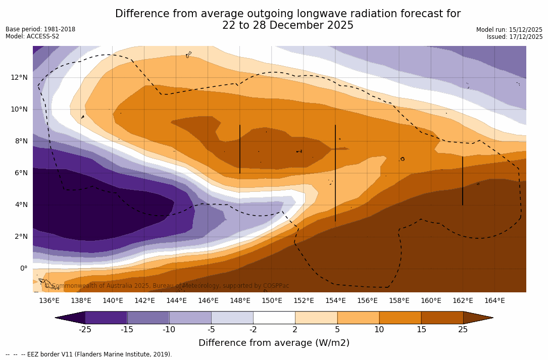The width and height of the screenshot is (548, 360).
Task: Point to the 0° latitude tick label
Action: click(x=24, y=268)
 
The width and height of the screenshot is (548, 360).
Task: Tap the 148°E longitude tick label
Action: click(x=240, y=300)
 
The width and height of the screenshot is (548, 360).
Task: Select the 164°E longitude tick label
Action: click(x=494, y=300)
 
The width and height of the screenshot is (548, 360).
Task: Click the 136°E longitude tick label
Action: click(x=49, y=300)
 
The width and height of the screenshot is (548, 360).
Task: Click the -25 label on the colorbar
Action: click(x=85, y=330)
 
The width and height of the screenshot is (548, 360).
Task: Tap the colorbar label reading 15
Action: click(x=421, y=330)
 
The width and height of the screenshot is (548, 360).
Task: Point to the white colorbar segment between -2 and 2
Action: click(x=274, y=318)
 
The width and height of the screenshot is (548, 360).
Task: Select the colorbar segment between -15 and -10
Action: click(x=148, y=318)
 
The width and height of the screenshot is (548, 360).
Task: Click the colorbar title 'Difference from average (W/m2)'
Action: click(x=274, y=343)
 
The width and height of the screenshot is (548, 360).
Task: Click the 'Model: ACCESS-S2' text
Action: click(x=32, y=36)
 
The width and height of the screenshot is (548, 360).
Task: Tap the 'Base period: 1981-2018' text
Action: click(x=40, y=29)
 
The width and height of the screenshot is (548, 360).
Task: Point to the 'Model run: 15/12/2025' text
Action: click(x=509, y=30)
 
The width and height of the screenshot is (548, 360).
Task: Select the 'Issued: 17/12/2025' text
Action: click(x=515, y=37)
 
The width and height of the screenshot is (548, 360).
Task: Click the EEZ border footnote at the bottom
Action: click(x=89, y=354)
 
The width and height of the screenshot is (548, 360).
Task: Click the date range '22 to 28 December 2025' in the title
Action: click(x=288, y=25)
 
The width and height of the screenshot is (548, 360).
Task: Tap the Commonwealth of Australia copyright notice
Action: click(x=167, y=286)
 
